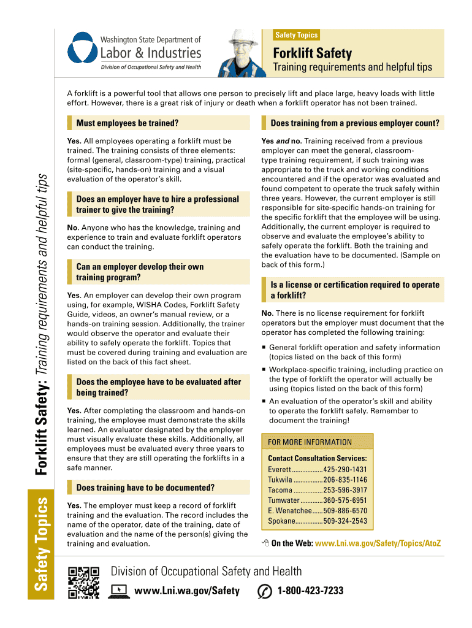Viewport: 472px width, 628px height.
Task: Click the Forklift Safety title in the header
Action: point(312,53)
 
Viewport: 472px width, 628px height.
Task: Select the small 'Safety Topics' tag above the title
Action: point(297,35)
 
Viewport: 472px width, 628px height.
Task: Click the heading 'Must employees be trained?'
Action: point(127,123)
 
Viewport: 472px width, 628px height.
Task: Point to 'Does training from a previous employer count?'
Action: point(355,123)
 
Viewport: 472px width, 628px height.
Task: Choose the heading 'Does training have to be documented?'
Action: point(145,488)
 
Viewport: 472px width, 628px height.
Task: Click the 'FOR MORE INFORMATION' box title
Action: point(310,442)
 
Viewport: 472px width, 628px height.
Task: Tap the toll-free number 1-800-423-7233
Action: point(310,591)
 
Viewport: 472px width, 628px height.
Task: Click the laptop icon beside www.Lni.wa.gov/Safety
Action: point(119,591)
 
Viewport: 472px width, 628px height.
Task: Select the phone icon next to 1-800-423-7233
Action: point(265,591)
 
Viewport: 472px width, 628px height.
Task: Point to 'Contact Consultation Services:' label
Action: point(318,458)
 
